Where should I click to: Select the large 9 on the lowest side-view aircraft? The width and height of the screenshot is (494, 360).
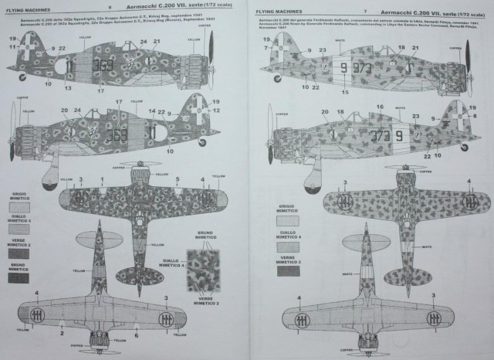coord(399,136)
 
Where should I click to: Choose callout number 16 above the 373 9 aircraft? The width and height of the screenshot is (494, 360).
coord(379,107)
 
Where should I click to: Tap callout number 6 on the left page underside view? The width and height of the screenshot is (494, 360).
coord(136,335)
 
